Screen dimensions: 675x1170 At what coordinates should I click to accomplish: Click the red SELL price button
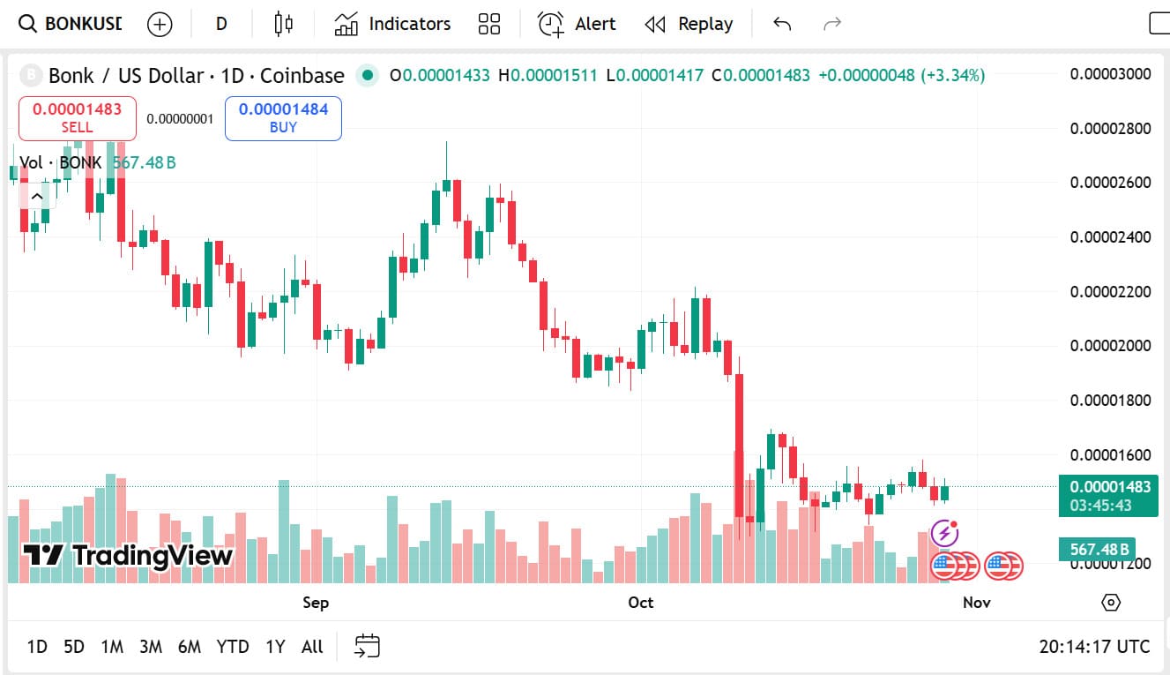78,118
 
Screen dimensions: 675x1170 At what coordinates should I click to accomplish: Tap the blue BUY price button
283,118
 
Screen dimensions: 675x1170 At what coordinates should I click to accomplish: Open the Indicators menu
392,24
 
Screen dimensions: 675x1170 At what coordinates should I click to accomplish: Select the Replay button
689,24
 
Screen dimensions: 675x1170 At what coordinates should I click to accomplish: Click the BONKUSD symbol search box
71,24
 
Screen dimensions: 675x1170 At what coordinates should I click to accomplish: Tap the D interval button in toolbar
221,24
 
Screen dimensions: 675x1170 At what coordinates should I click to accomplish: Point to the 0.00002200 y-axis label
1110,291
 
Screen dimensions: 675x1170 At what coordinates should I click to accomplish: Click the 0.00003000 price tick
1110,73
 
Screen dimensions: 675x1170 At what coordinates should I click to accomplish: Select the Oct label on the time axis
641,603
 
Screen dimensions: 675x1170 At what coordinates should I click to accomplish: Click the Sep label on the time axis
316,603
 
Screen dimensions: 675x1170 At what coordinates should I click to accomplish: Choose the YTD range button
233,647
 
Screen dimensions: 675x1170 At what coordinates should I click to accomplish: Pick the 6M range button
189,647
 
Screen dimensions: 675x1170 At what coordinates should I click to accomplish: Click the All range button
312,647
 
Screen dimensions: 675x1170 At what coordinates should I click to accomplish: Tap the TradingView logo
128,555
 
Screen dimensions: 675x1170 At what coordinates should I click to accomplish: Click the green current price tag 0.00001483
1108,487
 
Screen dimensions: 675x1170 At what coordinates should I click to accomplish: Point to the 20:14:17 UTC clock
1094,647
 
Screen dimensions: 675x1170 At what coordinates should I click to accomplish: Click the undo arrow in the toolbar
782,24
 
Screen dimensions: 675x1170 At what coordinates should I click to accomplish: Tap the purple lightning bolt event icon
944,533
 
